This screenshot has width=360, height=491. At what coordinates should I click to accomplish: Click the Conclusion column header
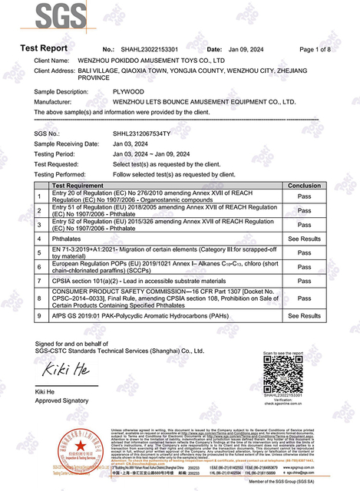point(303,186)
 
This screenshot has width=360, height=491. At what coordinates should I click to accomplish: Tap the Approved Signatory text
point(61,401)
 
